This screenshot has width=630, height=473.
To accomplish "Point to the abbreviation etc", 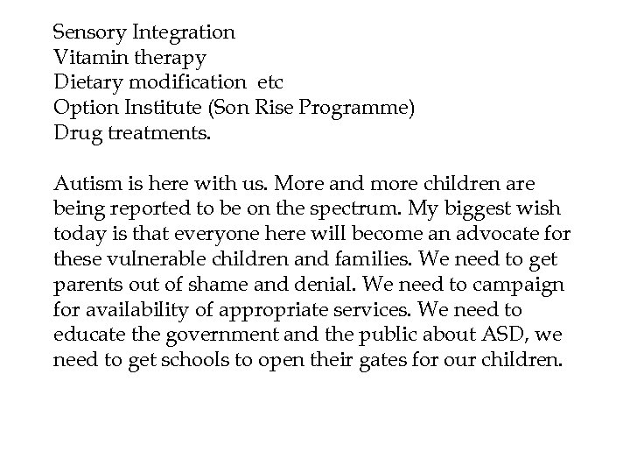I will tap(272, 83).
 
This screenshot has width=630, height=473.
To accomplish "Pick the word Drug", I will tap(73, 134).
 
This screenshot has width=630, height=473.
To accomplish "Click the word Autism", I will tap(85, 185).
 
